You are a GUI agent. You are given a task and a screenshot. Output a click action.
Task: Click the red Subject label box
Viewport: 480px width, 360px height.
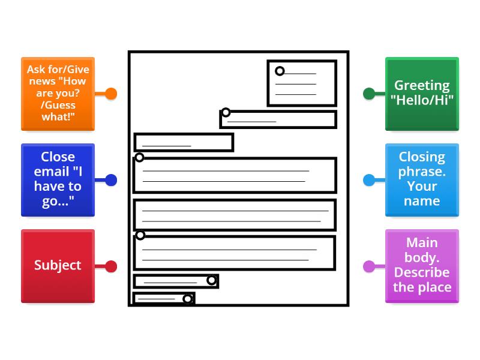[x=58, y=266]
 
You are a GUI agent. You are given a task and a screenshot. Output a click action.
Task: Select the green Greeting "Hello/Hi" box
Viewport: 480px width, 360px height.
[x=422, y=94]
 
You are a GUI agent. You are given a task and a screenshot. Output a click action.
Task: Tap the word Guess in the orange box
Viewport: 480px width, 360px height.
[x=60, y=105]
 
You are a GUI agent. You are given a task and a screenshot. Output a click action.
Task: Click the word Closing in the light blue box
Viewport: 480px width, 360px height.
[x=422, y=157]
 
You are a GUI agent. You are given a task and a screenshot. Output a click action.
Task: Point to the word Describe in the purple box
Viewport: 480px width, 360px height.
[x=422, y=272]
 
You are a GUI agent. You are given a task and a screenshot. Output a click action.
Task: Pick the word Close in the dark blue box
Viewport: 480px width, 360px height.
[x=58, y=157]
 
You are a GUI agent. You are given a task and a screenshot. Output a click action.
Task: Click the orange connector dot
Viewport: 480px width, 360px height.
[x=111, y=94]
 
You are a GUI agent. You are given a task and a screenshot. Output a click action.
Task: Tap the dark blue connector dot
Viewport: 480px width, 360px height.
[x=111, y=180]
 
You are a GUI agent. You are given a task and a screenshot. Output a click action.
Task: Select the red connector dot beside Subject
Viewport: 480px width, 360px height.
[x=111, y=266]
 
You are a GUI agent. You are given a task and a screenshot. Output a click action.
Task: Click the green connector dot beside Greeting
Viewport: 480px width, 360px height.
[x=369, y=94]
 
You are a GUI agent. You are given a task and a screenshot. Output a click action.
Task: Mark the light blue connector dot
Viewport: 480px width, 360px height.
[x=369, y=180]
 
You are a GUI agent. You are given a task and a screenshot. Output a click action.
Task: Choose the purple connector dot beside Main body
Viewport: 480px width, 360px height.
[x=369, y=266]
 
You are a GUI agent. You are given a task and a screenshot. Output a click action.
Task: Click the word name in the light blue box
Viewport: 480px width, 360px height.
[x=422, y=202]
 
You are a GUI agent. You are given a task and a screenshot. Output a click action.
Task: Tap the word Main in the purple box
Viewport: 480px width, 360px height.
[x=422, y=242]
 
